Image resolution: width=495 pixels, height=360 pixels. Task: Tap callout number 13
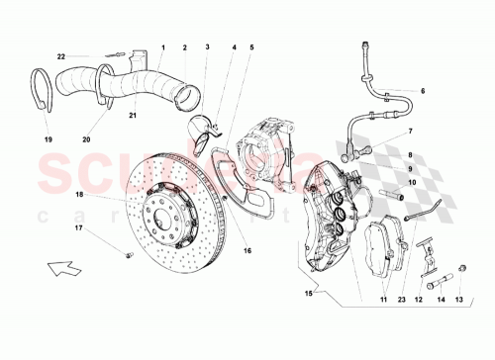coord(458,299)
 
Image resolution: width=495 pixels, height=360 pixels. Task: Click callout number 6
coord(421,91)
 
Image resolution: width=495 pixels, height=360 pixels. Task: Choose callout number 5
coord(250,46)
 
